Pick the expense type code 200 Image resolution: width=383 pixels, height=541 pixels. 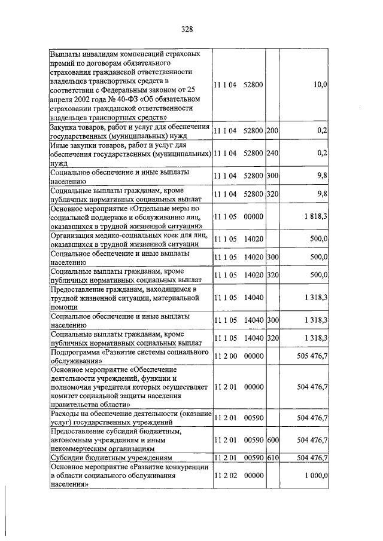[x=272, y=130]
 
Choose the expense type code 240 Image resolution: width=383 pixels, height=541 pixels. [x=272, y=152]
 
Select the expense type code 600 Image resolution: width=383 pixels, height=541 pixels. [x=272, y=439]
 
